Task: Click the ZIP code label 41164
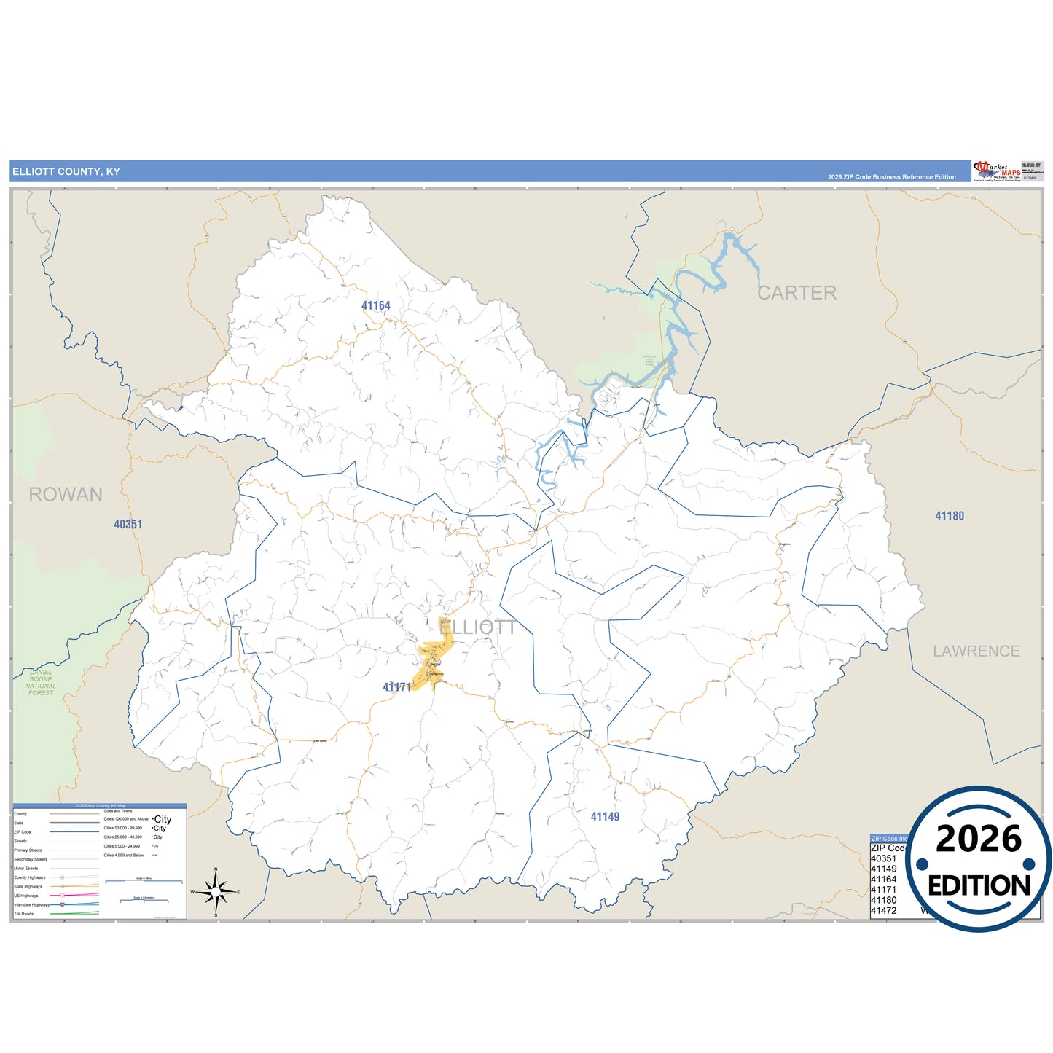[x=376, y=305]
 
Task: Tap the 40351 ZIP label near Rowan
[x=128, y=524]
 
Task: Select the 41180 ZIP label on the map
[x=950, y=516]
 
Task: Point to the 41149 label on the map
[x=605, y=817]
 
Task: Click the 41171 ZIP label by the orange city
[x=396, y=687]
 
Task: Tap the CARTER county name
[x=796, y=293]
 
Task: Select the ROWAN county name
[x=66, y=495]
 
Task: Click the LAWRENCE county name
[x=976, y=651]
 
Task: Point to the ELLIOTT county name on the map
[x=477, y=627]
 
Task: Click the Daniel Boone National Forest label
[x=41, y=682]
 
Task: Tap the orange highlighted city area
[x=435, y=656]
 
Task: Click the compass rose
[x=216, y=891]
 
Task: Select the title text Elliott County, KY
[x=66, y=172]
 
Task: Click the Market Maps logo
[x=997, y=171]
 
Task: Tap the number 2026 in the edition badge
[x=979, y=839]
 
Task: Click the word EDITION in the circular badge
[x=979, y=885]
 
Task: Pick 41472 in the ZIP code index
[x=883, y=911]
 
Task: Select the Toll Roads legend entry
[x=24, y=914]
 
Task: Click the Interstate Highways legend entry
[x=31, y=905]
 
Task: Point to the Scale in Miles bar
[x=144, y=881]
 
